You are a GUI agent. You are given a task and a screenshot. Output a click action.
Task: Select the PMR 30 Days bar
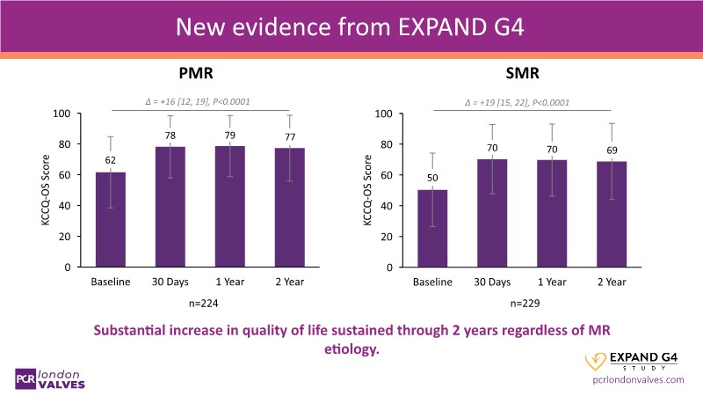coord(170,207)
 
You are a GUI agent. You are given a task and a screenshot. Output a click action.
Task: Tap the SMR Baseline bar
coord(432,229)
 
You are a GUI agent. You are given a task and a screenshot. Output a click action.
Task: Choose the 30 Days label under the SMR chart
coord(492,282)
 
